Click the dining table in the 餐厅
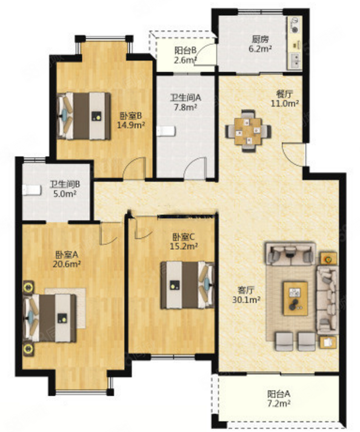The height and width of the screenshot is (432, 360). [x=248, y=131]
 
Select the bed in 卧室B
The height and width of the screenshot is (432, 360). [x=84, y=116]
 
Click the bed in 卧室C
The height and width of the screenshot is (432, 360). [x=187, y=285]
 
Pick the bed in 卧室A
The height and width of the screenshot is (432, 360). [x=50, y=318]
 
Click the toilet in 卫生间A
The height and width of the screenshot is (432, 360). [x=166, y=131]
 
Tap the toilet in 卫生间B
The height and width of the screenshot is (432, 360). [x=32, y=190]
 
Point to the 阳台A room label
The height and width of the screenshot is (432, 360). [x=279, y=394]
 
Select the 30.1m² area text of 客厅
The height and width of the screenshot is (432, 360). [x=246, y=300]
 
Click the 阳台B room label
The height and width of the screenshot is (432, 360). [x=185, y=50]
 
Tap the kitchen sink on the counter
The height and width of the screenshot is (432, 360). [x=295, y=61]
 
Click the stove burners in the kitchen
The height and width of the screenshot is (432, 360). [x=295, y=25]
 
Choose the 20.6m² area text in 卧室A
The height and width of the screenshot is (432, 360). [x=67, y=264]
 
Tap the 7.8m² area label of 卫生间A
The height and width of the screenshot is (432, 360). [x=185, y=107]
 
